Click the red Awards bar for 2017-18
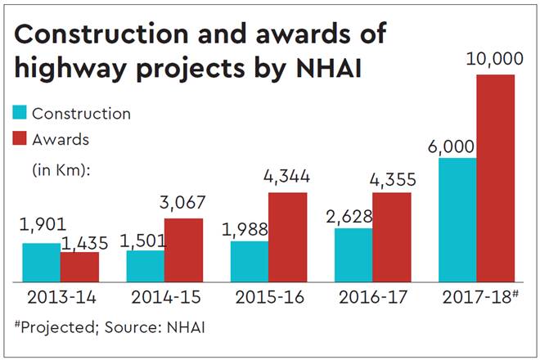[x=495, y=178]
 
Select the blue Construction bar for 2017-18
[x=457, y=219]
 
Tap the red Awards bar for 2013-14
[x=79, y=266]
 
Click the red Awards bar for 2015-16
[x=287, y=236]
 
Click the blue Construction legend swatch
[x=18, y=112]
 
